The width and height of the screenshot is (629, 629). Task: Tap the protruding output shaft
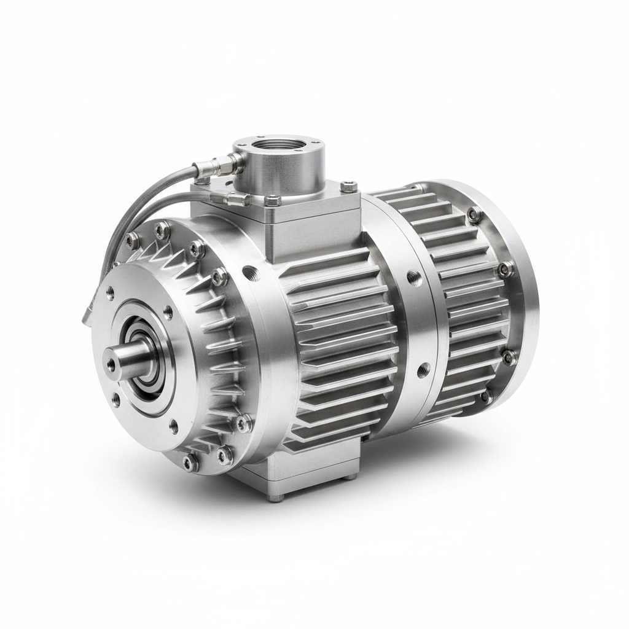coord(126,359)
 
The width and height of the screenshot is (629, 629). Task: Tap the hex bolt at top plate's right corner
coord(348,185)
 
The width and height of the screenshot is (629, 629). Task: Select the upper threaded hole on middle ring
coord(414,278)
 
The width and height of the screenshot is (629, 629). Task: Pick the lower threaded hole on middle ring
coord(423,370)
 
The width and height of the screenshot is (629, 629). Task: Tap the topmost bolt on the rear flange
coord(474,214)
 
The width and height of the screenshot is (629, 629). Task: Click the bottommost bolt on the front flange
coord(190,462)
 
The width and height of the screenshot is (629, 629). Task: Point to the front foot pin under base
coord(275,497)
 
